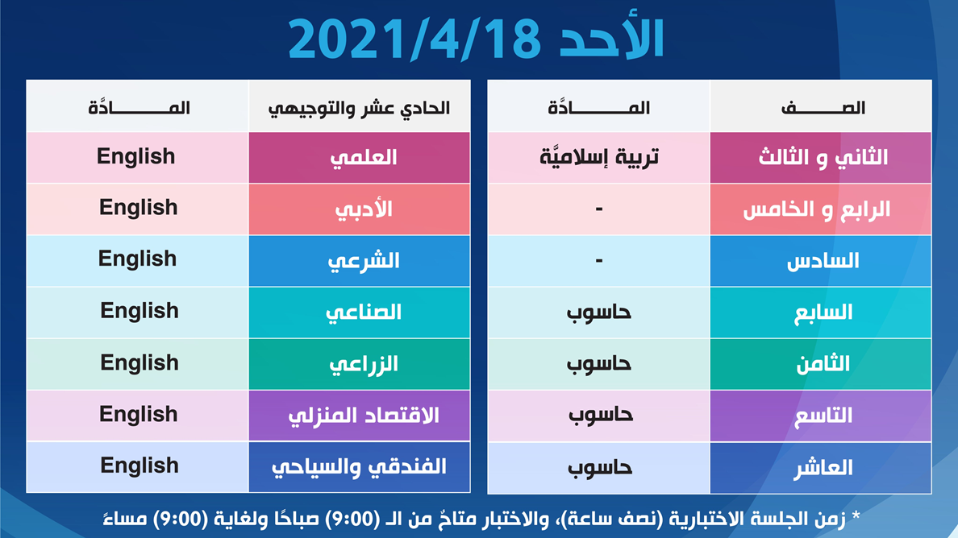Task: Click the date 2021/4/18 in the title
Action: pyautogui.click(x=414, y=39)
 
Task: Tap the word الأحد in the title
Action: pyautogui.click(x=611, y=38)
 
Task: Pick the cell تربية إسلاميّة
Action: pyautogui.click(x=598, y=157)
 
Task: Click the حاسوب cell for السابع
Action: pyautogui.click(x=598, y=312)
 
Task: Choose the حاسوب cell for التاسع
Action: pyautogui.click(x=598, y=416)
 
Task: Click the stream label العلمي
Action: pyautogui.click(x=364, y=158)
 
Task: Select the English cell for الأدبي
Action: pyautogui.click(x=139, y=208)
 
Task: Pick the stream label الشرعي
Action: pyautogui.click(x=364, y=261)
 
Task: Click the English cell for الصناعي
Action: pyautogui.click(x=139, y=311)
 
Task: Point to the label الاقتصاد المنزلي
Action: pyautogui.click(x=364, y=416)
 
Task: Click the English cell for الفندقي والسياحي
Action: pyautogui.click(x=139, y=466)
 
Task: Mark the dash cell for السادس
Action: pyautogui.click(x=598, y=261)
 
